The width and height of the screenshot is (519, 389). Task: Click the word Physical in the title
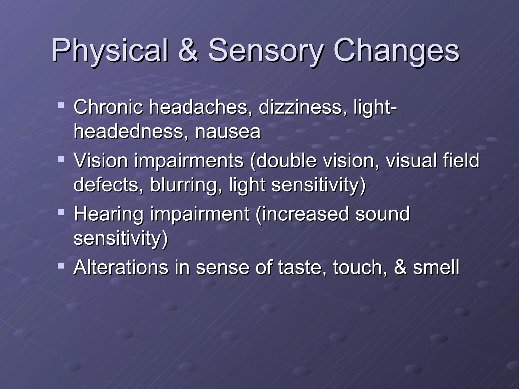[109, 50]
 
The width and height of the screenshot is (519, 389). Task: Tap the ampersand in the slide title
[188, 50]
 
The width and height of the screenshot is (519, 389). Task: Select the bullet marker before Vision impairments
[61, 159]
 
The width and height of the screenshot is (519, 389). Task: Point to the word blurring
[186, 185]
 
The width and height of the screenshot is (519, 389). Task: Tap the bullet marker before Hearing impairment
[61, 212]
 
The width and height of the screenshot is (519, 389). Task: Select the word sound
[382, 214]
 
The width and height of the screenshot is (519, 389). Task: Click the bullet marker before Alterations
[61, 265]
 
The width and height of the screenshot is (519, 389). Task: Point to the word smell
[436, 267]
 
